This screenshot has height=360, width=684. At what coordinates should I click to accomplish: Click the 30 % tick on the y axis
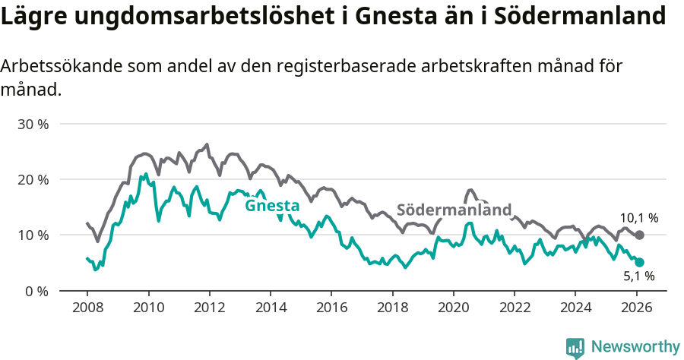32,124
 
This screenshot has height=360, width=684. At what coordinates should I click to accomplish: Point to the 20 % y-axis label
32,179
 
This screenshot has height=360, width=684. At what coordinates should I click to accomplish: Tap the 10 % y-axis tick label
32,235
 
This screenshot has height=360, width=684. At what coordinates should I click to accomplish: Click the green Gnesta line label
272,205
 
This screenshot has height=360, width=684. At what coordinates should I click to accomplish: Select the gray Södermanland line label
454,210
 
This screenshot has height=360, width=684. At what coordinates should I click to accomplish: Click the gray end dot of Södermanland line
639,235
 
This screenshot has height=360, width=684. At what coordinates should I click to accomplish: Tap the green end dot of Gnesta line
639,262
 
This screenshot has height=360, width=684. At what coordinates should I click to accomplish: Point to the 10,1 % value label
639,218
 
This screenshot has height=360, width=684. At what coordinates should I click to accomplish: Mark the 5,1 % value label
639,277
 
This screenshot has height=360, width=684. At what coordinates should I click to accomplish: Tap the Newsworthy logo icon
575,348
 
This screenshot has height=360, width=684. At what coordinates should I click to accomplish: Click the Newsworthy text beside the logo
635,347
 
